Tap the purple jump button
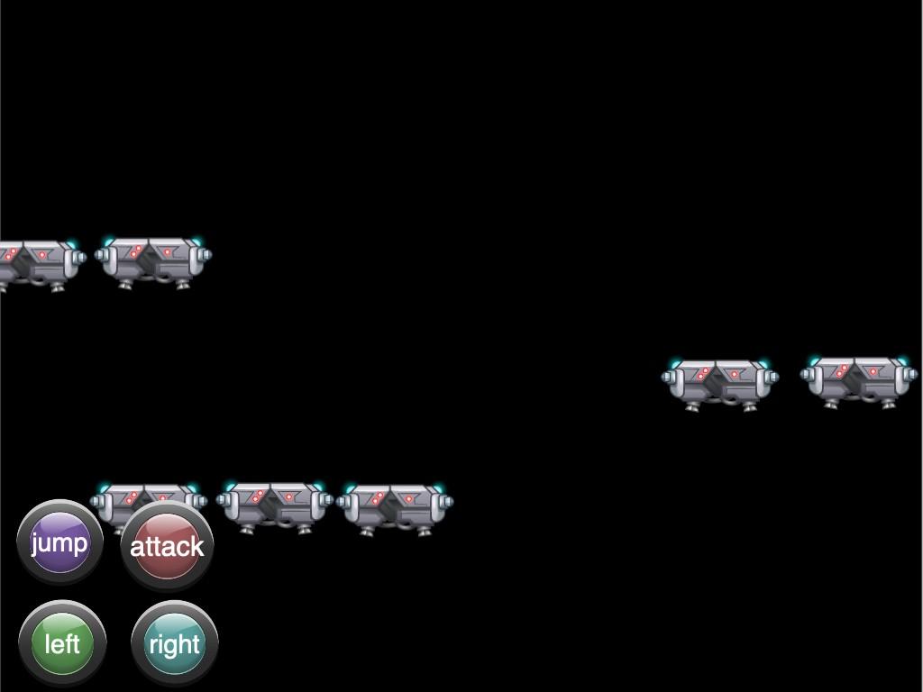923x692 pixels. click(x=59, y=543)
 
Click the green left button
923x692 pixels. click(x=62, y=643)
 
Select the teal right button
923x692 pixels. click(x=174, y=643)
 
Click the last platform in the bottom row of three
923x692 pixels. click(x=395, y=507)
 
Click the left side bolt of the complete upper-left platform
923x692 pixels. click(x=101, y=256)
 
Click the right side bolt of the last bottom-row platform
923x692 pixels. click(x=448, y=503)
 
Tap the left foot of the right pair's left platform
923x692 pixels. click(x=692, y=406)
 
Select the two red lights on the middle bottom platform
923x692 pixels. click(x=259, y=495)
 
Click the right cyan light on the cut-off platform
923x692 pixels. click(x=71, y=243)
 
